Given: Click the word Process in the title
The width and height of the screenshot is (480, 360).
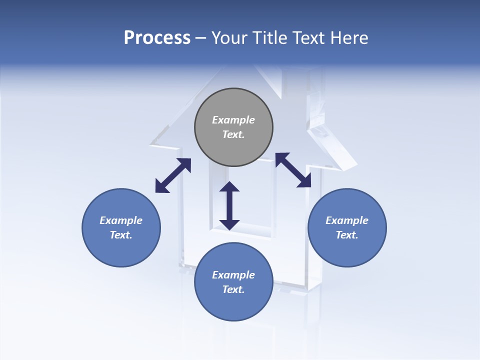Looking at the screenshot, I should pos(157,38).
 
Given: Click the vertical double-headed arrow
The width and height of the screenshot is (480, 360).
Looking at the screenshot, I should pos(229,205).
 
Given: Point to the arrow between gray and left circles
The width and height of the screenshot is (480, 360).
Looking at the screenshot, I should pos(173,175).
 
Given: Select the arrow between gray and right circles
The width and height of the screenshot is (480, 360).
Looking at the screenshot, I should pos(293,170).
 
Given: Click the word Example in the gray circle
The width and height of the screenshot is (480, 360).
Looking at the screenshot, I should pos(233,120).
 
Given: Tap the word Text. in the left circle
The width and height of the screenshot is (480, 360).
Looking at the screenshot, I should pos(121,235).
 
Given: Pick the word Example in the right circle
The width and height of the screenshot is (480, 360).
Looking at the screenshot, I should pos(347,220).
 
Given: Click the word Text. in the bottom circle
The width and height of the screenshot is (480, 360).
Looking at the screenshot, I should pos(233,289).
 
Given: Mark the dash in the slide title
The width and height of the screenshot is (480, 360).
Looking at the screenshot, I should pos(200,38).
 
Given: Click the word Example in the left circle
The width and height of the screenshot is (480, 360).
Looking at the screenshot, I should pos(121,220).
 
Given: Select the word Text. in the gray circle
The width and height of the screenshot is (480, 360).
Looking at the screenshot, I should pos(233,134).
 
